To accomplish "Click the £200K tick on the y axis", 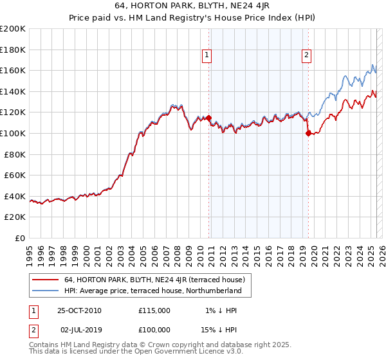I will tap(13, 29).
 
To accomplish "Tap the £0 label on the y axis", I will tap(21, 238).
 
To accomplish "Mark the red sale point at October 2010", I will tap(208, 118).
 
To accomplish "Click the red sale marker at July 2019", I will tap(308, 134).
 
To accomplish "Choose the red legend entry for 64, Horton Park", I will tap(154, 280).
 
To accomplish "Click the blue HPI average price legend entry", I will tap(152, 291).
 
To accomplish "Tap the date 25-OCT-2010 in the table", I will tap(79, 310).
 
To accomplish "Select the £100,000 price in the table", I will tap(154, 329).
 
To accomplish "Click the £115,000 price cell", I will tap(154, 310).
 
